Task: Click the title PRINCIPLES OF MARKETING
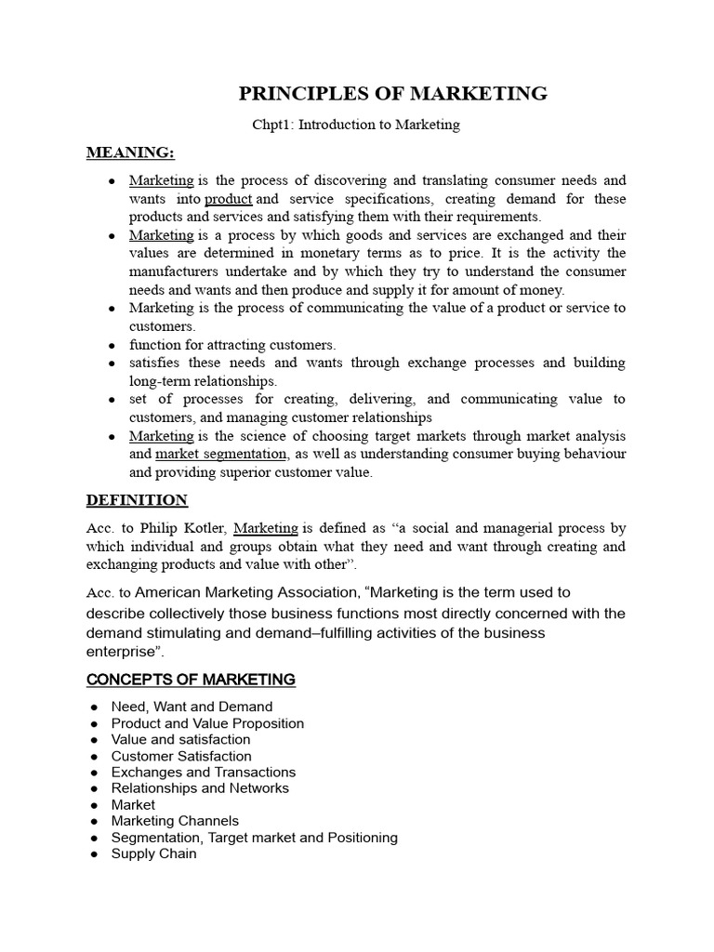(393, 93)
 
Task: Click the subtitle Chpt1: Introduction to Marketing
(356, 125)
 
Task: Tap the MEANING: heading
(130, 152)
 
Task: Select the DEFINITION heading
(137, 500)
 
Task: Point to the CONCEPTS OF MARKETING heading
(191, 680)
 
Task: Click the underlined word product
(228, 199)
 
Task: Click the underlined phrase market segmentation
(221, 454)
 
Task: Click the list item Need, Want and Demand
(192, 707)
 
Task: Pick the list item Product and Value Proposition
(207, 723)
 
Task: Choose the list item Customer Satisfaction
(181, 756)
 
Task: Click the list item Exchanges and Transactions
(203, 772)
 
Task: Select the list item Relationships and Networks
(200, 788)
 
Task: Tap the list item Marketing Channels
(175, 821)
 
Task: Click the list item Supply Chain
(153, 853)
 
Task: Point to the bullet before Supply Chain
(95, 853)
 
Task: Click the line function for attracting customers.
(232, 345)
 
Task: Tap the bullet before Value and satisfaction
(95, 740)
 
